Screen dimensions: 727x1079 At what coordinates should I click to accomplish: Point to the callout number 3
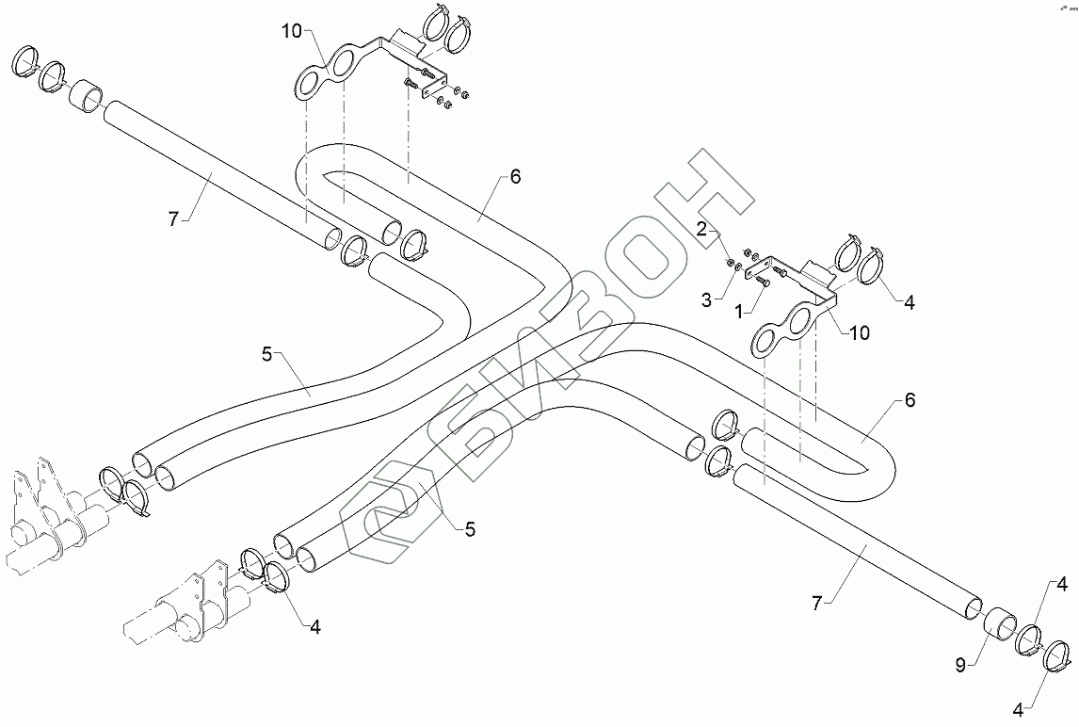pos(706,299)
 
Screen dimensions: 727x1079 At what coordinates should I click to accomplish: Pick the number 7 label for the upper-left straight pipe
pos(172,218)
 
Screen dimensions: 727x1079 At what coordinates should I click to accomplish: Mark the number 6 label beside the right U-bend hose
pos(909,400)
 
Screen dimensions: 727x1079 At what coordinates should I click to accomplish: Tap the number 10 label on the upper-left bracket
pos(291,32)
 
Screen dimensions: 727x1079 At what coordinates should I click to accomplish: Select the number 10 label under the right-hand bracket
pos(860,332)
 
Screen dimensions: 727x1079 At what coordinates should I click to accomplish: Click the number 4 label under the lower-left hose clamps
pos(314,627)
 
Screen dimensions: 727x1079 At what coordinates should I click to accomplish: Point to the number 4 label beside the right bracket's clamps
pos(910,303)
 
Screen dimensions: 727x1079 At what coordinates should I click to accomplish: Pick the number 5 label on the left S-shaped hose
pos(266,355)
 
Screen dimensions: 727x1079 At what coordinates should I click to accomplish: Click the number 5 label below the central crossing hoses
pos(469,530)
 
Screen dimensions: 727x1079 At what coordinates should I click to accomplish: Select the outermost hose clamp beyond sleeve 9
pos(1058,654)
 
